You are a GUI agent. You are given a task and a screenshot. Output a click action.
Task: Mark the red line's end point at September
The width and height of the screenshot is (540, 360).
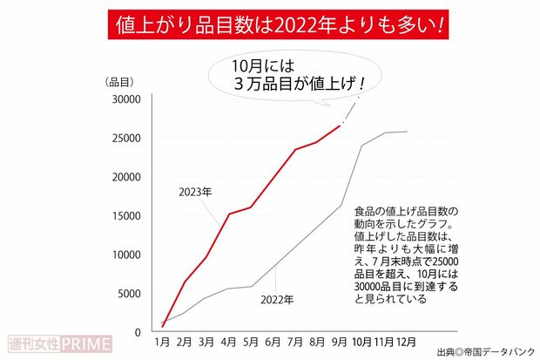point(340,126)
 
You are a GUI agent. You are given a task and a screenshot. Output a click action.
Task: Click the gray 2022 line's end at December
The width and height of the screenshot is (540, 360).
point(407,132)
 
